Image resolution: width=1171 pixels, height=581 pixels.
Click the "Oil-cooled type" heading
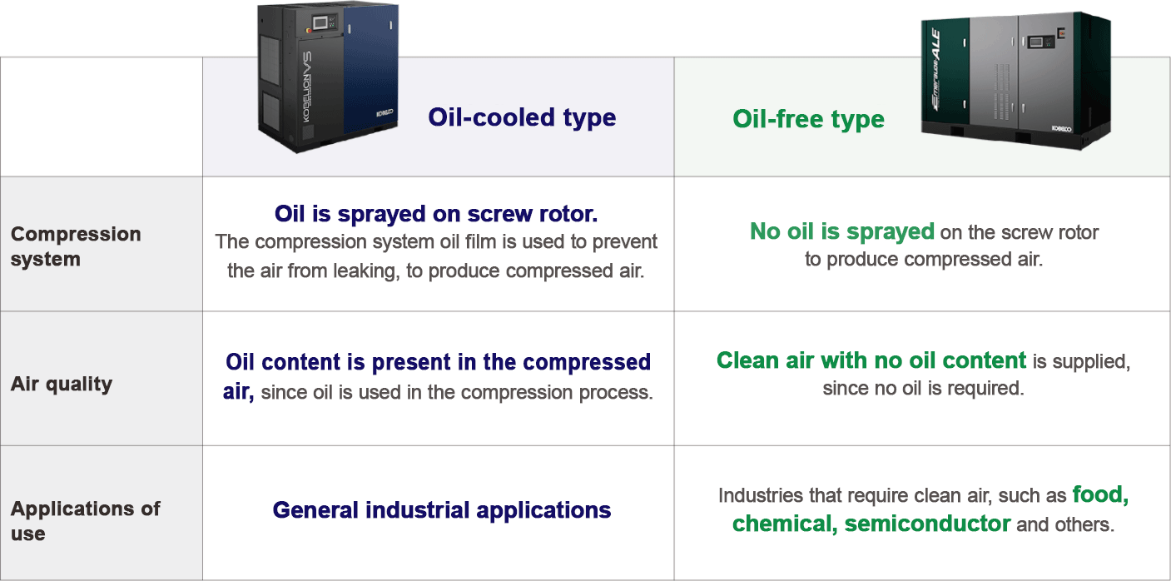click(x=522, y=118)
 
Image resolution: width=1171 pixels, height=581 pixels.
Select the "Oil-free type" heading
click(x=808, y=120)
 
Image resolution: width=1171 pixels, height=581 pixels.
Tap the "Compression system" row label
click(x=76, y=246)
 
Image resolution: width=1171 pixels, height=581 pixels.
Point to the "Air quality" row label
click(x=62, y=385)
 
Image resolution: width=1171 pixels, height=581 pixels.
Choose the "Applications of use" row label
click(x=85, y=521)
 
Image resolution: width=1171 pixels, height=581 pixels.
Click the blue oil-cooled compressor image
click(x=328, y=77)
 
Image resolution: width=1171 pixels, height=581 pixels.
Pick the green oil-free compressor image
click(x=1015, y=81)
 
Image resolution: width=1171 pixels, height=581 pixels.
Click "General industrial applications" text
click(x=442, y=510)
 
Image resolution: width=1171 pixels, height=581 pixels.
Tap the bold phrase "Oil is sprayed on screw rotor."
click(x=436, y=214)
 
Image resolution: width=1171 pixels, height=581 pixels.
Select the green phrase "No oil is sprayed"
click(x=842, y=231)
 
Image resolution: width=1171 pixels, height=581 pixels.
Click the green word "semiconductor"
click(x=927, y=524)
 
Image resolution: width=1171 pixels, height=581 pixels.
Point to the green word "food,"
click(x=1100, y=495)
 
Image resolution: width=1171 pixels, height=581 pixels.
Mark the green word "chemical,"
click(x=785, y=524)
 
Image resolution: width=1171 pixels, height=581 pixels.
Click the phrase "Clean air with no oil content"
click(x=871, y=360)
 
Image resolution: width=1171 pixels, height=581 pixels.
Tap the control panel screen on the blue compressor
click(x=320, y=22)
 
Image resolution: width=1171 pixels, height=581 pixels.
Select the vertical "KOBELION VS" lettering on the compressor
click(x=306, y=87)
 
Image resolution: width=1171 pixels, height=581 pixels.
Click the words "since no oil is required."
click(x=923, y=389)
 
